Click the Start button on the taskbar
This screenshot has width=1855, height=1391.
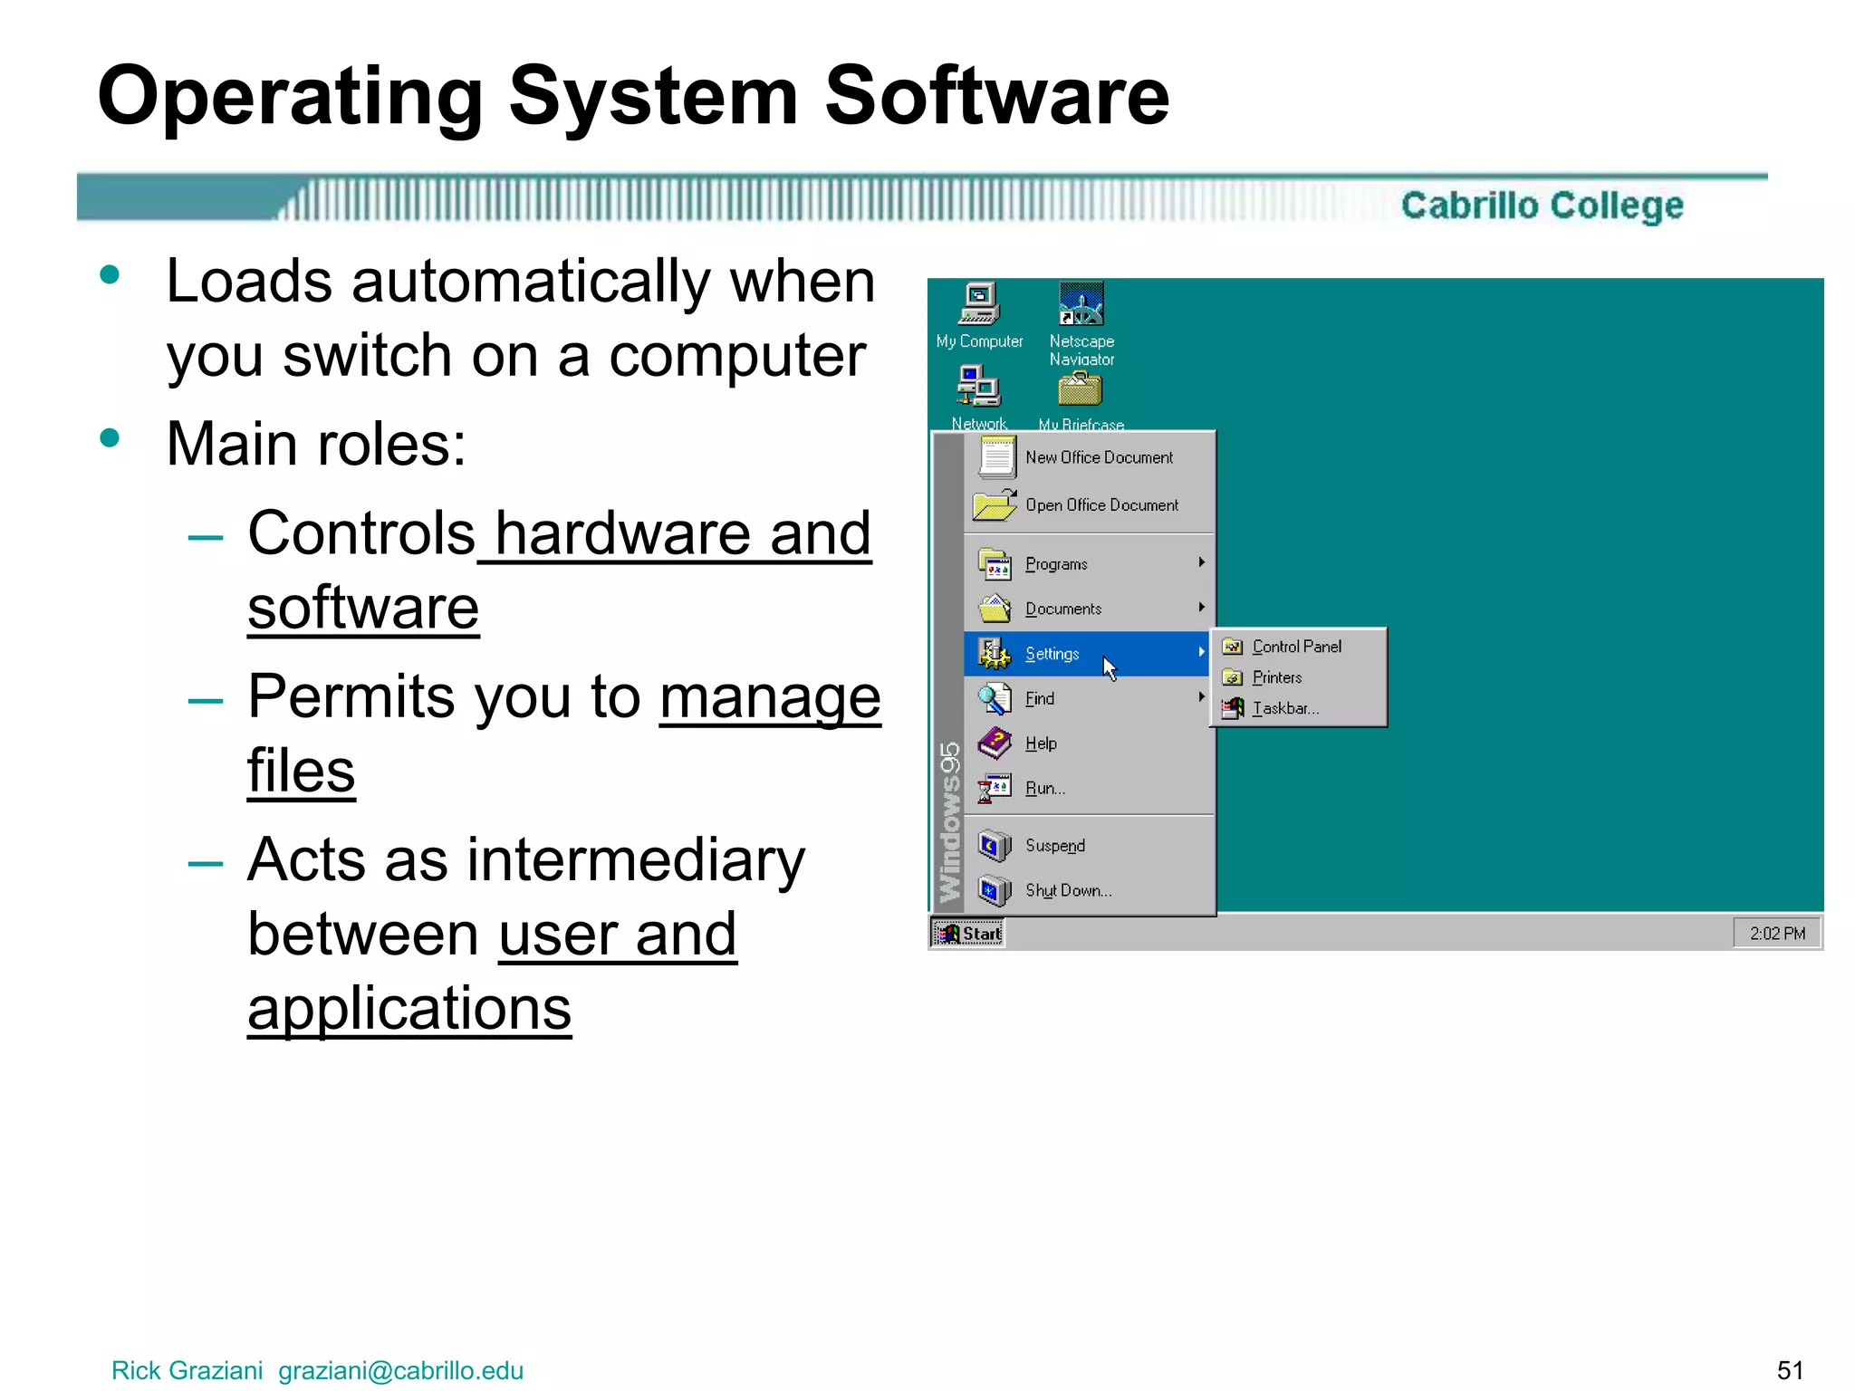pyautogui.click(x=967, y=933)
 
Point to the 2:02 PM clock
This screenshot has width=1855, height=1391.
pyautogui.click(x=1776, y=933)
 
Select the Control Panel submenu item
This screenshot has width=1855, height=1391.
pyautogui.click(x=1296, y=647)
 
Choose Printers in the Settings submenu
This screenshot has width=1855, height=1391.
pyautogui.click(x=1276, y=677)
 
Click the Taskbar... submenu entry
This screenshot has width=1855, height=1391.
pyautogui.click(x=1284, y=708)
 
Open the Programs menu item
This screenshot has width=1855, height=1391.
pyautogui.click(x=1056, y=564)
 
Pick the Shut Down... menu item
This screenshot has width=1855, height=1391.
pyautogui.click(x=1068, y=890)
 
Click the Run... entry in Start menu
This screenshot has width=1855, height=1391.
pyautogui.click(x=1044, y=789)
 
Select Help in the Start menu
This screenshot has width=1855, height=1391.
pyautogui.click(x=1041, y=743)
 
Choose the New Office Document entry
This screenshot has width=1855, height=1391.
pyautogui.click(x=1098, y=458)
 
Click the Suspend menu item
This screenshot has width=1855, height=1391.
pyautogui.click(x=1054, y=846)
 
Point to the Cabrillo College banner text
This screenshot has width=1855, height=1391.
pyautogui.click(x=1542, y=206)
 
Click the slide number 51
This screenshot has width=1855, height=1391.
pyautogui.click(x=1790, y=1369)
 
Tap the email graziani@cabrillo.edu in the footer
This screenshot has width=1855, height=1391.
pyautogui.click(x=400, y=1370)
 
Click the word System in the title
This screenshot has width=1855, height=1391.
pyautogui.click(x=653, y=97)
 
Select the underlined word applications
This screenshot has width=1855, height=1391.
pyautogui.click(x=409, y=1007)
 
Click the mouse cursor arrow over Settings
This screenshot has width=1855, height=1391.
pyautogui.click(x=1110, y=668)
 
